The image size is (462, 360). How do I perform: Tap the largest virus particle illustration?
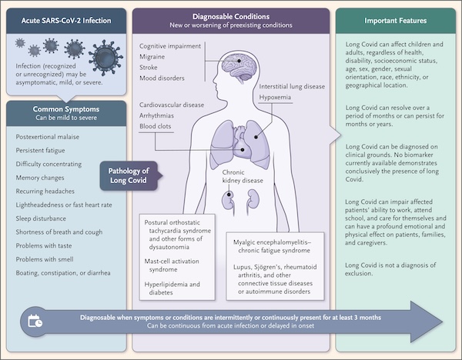104,57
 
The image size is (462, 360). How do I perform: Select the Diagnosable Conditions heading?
231,15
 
